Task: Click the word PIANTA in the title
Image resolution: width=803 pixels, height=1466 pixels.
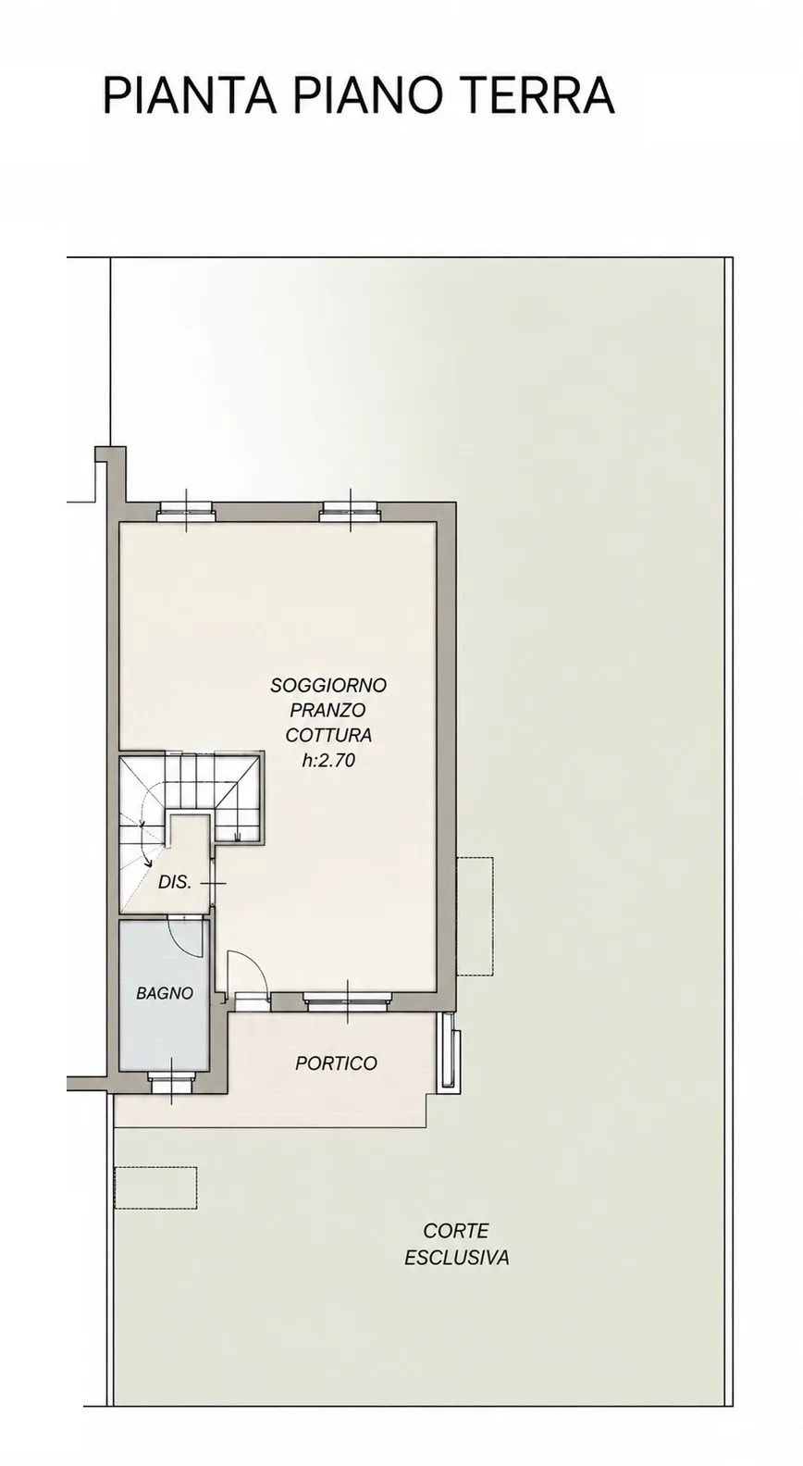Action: click(189, 95)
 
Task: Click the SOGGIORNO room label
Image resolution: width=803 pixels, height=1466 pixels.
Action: click(328, 685)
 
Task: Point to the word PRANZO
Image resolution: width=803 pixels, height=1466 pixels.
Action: click(327, 710)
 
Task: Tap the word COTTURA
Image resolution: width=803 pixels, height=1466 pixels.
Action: click(328, 735)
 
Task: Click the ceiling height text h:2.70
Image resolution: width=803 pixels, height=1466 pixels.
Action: click(328, 760)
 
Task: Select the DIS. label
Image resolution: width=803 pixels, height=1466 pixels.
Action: click(175, 882)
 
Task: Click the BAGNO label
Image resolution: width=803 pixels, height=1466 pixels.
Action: click(165, 993)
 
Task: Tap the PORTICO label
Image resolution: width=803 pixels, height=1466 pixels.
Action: click(337, 1063)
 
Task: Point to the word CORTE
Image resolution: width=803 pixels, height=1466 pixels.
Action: click(456, 1231)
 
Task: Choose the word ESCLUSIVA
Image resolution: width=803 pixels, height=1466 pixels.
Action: click(457, 1258)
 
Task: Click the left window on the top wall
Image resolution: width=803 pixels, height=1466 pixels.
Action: click(187, 512)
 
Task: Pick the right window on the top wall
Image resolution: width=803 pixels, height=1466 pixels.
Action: click(350, 512)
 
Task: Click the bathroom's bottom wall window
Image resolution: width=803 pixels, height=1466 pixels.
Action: click(171, 1083)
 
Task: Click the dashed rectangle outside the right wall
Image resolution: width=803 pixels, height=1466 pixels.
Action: click(475, 916)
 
